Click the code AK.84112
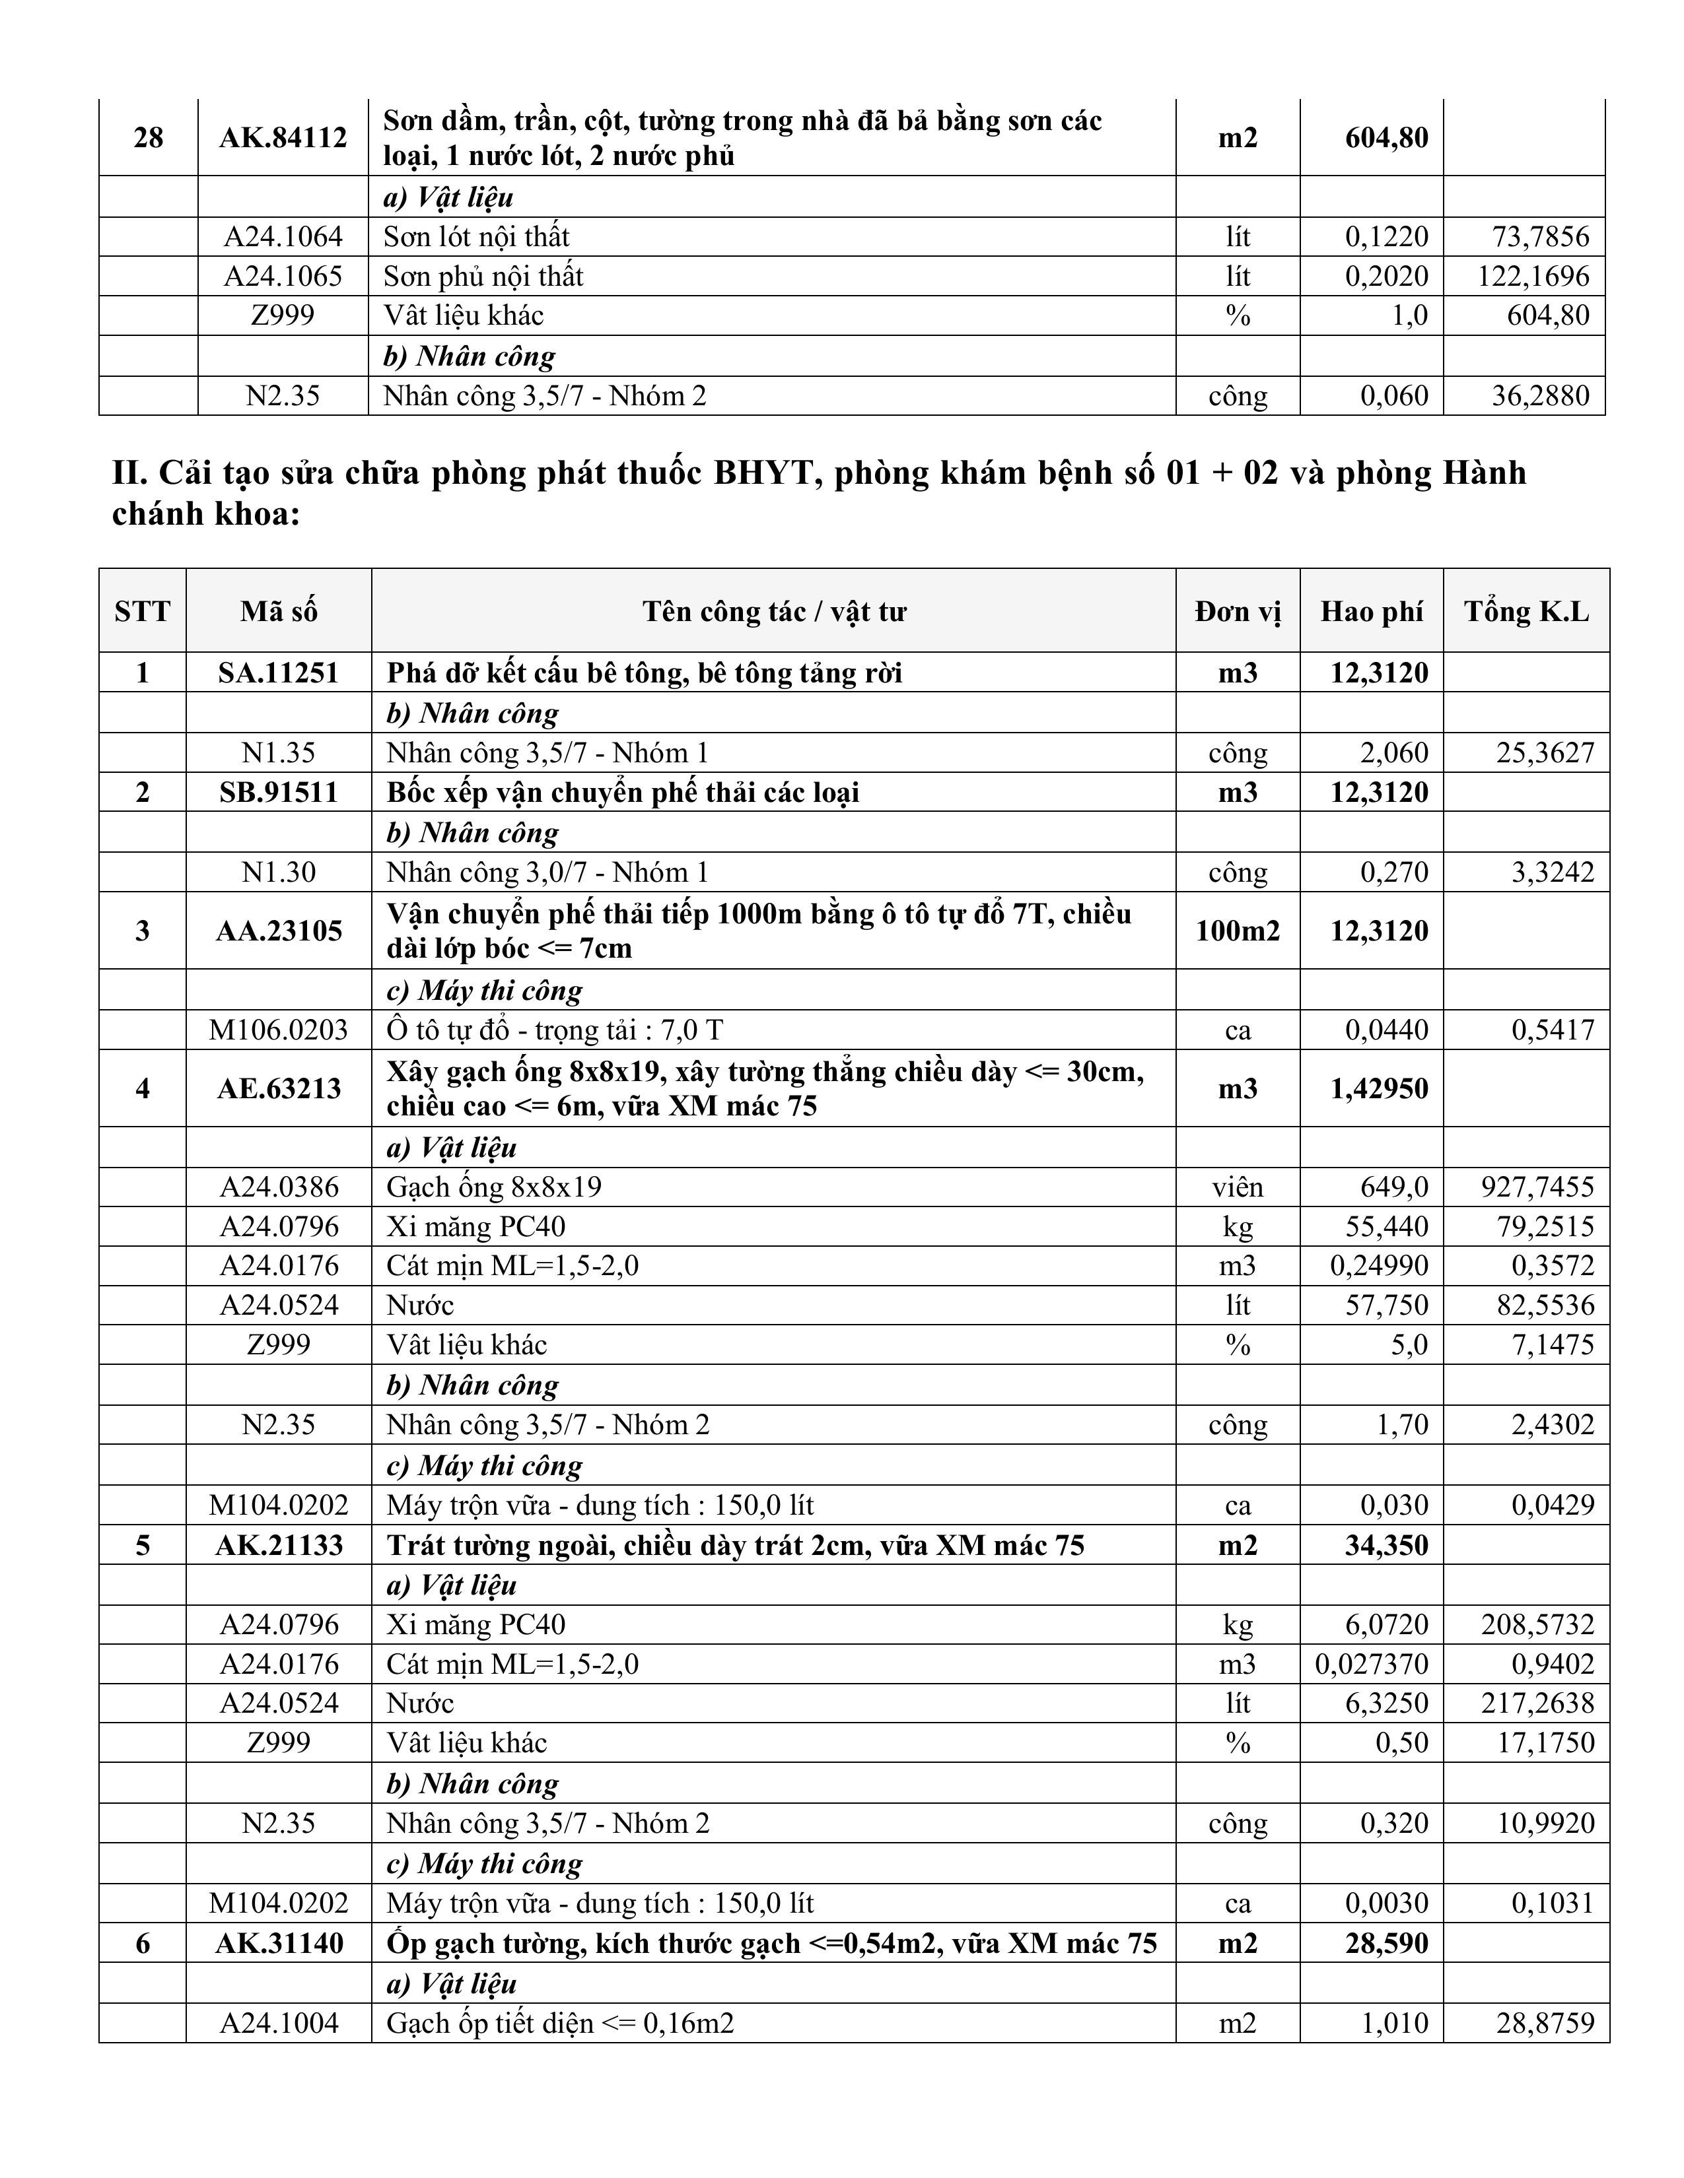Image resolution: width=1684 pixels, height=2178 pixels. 283,138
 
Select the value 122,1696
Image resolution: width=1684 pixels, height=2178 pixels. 1533,277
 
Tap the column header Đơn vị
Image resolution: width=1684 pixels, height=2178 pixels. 1237,611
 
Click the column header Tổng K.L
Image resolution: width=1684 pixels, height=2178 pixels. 1526,611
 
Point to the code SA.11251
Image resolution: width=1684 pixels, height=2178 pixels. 278,673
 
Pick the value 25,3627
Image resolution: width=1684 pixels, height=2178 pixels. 1545,753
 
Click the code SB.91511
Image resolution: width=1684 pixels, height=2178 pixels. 278,793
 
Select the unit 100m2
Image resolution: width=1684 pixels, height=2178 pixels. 1237,931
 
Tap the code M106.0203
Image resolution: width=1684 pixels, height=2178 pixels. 278,1030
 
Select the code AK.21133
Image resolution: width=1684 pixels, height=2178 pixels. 278,1546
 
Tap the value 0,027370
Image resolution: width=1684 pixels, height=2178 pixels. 1371,1665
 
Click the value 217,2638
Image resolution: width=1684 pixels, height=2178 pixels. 1537,1703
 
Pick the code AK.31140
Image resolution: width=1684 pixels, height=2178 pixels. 278,1944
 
